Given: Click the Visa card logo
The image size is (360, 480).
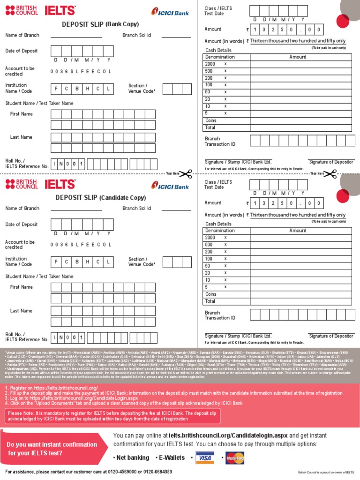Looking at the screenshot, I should click(204, 457).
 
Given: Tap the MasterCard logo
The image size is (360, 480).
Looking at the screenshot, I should click(235, 457).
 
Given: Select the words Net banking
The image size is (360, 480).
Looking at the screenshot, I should click(133, 457).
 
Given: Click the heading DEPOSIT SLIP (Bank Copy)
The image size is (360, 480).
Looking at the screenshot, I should click(100, 24).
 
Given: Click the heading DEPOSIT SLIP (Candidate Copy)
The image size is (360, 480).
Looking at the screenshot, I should click(100, 198).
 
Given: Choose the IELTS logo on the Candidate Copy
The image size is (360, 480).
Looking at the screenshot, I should click(60, 184).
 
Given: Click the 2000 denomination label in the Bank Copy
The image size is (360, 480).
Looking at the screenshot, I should click(210, 64).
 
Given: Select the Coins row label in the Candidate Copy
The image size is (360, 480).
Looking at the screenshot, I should click(211, 294).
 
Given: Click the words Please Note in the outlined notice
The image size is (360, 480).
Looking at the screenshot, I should click(21, 413).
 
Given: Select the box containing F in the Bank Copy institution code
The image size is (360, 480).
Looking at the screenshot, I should click(56, 89).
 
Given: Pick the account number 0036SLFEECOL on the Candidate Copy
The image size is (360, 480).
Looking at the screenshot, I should click(81, 245).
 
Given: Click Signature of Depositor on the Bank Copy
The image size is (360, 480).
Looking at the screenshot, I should click(331, 162).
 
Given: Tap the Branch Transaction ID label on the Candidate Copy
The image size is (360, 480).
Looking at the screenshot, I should click(220, 315).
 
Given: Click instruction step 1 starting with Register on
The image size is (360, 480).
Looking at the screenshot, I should click(52, 388).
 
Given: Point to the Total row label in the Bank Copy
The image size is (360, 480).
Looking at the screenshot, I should click(210, 127).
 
